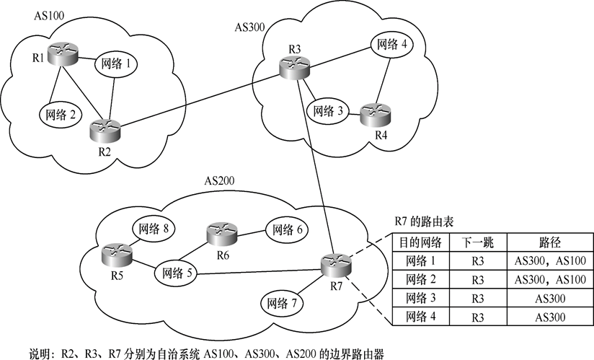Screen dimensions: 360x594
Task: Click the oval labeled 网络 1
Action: (x=116, y=64)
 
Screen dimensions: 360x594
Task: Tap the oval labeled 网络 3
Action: (x=327, y=111)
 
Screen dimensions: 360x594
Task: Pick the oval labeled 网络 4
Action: (x=392, y=45)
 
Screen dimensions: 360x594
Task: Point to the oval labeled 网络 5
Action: (x=177, y=273)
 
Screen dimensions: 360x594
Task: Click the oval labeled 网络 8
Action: (x=154, y=229)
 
